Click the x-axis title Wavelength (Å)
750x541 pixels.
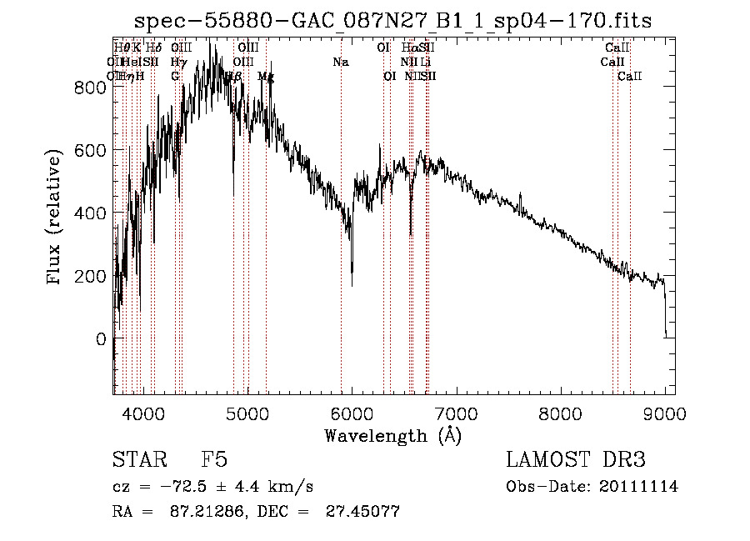[x=392, y=435]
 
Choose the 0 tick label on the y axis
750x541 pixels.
[x=99, y=339]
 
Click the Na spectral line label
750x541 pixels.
[x=340, y=63]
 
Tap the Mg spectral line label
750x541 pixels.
[x=266, y=77]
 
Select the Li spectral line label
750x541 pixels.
[x=425, y=63]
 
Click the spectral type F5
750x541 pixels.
[x=214, y=460]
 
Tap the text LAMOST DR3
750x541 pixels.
[x=575, y=460]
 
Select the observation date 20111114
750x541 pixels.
[x=640, y=487]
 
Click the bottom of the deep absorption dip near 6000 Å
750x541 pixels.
[x=352, y=285]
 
